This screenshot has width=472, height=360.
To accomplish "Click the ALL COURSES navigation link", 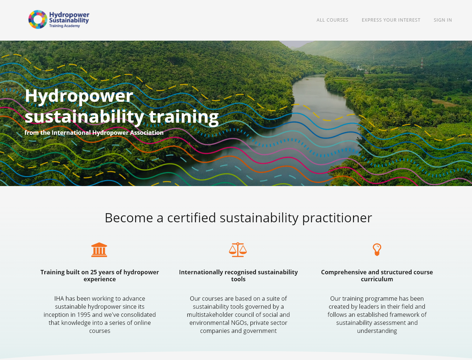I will pos(332,20).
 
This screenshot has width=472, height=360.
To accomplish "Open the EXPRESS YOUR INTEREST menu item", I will pos(391,20).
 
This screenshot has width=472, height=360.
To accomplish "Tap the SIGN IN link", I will pos(443,20).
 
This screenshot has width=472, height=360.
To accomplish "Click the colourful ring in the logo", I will pos(38,19).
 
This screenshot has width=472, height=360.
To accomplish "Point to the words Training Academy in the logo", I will pos(64,26).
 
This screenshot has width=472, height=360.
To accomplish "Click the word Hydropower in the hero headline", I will pos(79,96).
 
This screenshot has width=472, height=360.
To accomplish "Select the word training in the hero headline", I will pos(183,117).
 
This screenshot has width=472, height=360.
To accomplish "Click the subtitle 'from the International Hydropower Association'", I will pos(94,133).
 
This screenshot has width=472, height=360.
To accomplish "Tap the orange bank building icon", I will pos(99,250).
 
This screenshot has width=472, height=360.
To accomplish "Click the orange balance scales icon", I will pos(238,250).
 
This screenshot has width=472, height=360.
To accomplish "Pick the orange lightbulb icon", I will pos(377,250).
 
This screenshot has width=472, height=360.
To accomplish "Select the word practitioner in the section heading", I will pos(337,218).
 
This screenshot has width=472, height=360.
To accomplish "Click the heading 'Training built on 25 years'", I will pos(100,275).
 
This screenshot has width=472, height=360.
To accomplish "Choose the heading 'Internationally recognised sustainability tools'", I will pos(238,275).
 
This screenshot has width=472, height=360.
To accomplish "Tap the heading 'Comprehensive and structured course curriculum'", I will pos(377,275).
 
